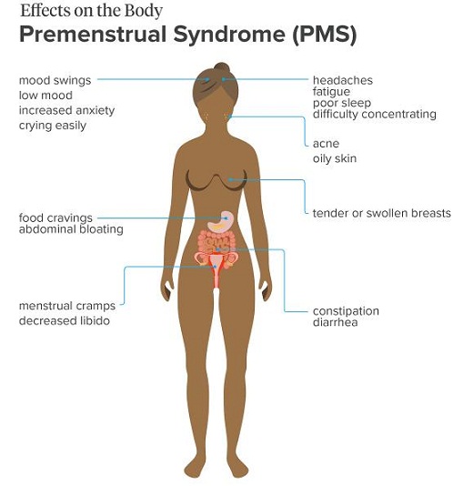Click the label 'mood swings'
point(55,81)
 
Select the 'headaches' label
point(343,80)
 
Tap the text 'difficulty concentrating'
point(375,114)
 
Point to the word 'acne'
point(327,144)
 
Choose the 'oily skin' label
point(335,158)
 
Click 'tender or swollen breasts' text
point(381,213)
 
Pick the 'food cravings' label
point(55,218)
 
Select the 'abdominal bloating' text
point(71,229)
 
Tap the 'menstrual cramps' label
point(67,306)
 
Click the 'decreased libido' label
point(65,320)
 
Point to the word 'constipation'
point(346,311)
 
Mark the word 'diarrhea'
point(335,322)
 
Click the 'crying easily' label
point(53,126)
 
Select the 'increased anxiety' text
point(67,111)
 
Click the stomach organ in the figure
point(220,221)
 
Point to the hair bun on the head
point(222,68)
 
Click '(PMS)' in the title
point(324,34)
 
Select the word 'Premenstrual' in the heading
point(93,34)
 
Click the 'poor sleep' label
point(342,103)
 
